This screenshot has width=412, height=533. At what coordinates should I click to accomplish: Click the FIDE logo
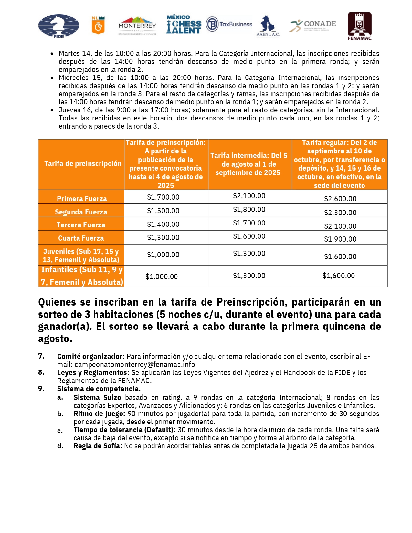point(59,26)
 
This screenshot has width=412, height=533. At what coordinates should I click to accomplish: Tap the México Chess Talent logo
point(184,25)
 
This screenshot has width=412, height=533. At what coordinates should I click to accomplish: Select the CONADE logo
point(313,25)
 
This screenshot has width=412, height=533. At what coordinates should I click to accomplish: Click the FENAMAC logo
point(359,26)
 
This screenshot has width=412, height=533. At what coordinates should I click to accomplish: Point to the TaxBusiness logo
point(229,25)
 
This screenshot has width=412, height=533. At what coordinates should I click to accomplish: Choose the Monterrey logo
point(137,26)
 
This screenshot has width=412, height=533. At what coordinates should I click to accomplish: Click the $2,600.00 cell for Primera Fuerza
point(340,199)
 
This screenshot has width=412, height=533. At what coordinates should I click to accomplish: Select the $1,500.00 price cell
point(163,211)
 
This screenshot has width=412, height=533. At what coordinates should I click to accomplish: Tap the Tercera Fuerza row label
point(81,225)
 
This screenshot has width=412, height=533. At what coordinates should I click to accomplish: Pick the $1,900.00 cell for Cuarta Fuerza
point(340,239)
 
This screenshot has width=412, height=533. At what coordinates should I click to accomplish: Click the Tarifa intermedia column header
point(248,164)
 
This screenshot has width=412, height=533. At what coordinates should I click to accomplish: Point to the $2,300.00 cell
point(340,213)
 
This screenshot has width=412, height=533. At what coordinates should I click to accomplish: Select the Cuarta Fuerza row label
point(81,238)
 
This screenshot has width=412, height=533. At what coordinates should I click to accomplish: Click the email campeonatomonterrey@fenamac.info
point(135,365)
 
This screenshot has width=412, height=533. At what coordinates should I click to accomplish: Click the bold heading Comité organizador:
point(91,357)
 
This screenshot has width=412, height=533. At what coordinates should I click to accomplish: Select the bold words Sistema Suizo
point(97,398)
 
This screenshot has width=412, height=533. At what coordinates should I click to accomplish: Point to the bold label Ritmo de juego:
point(99,414)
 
